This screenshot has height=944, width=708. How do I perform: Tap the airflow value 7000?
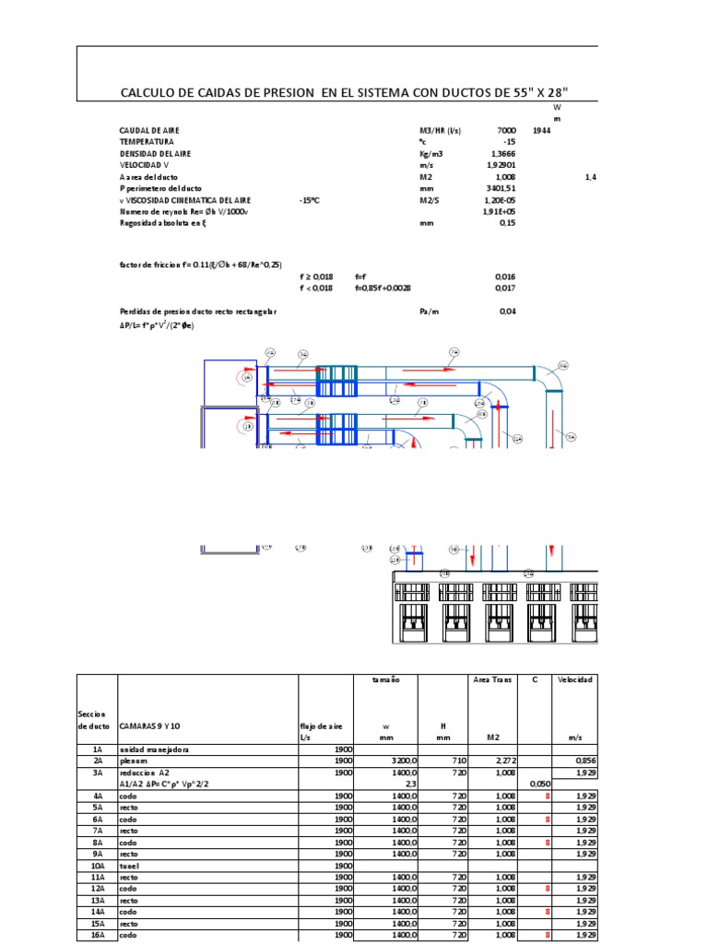(x=506, y=131)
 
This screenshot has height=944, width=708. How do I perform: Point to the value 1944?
(x=542, y=131)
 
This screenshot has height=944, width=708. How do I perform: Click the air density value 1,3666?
(x=503, y=153)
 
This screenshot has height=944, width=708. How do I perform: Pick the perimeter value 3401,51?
(x=501, y=187)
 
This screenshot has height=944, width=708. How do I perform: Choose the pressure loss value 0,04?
(x=508, y=312)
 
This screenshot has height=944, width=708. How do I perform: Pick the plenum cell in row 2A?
(x=135, y=761)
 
